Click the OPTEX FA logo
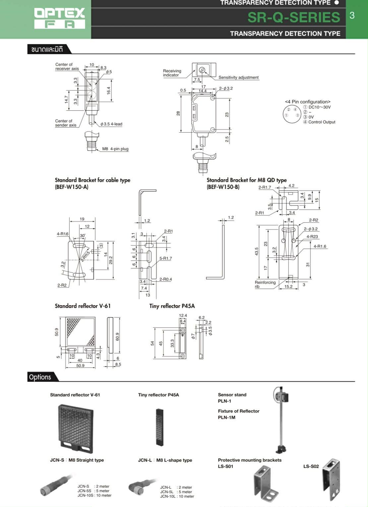(60, 18)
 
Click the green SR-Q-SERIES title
(294, 17)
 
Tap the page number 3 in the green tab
(352, 15)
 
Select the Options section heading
(40, 377)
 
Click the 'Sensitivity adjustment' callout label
(238, 78)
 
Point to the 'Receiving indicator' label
(172, 73)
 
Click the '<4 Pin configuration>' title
(307, 102)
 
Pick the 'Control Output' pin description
(322, 122)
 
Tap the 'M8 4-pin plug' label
(115, 149)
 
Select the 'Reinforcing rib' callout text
(265, 284)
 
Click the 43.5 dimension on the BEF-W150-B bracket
(257, 251)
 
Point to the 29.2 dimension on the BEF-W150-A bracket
(111, 260)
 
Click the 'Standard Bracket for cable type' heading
(92, 180)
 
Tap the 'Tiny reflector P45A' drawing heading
(172, 306)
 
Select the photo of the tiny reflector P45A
(160, 427)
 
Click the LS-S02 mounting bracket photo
(331, 479)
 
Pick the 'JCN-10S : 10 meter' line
(94, 495)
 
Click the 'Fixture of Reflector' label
(238, 411)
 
